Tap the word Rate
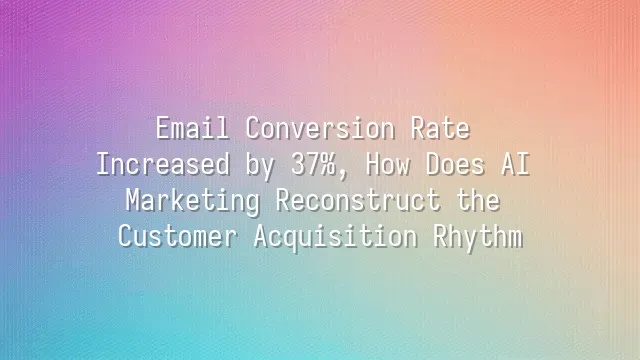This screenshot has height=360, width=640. coord(441,129)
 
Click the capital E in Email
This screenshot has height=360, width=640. coord(163,129)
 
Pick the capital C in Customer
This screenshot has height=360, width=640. coord(124,237)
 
